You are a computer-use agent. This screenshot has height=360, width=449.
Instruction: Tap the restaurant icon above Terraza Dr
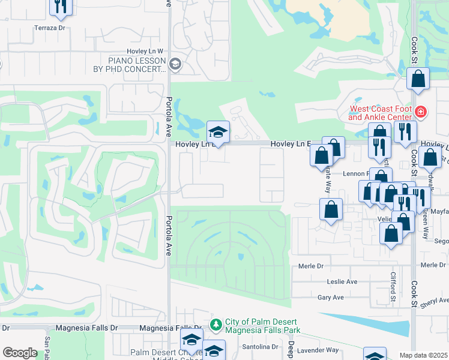point(61,5)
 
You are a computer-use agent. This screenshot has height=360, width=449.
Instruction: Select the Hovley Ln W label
point(145,52)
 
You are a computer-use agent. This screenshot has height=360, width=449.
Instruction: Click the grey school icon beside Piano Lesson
point(175,64)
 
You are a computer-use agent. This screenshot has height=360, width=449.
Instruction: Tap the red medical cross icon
point(421,112)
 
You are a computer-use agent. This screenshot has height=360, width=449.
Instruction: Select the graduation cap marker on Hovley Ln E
point(218,133)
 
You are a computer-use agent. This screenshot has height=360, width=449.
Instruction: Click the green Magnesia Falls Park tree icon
point(216,324)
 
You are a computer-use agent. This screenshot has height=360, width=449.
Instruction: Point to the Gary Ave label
point(330,298)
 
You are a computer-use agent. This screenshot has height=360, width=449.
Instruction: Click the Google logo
point(20,353)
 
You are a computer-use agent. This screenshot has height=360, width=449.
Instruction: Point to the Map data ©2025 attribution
point(423,355)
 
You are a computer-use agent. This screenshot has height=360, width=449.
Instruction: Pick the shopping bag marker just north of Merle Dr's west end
point(331,210)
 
